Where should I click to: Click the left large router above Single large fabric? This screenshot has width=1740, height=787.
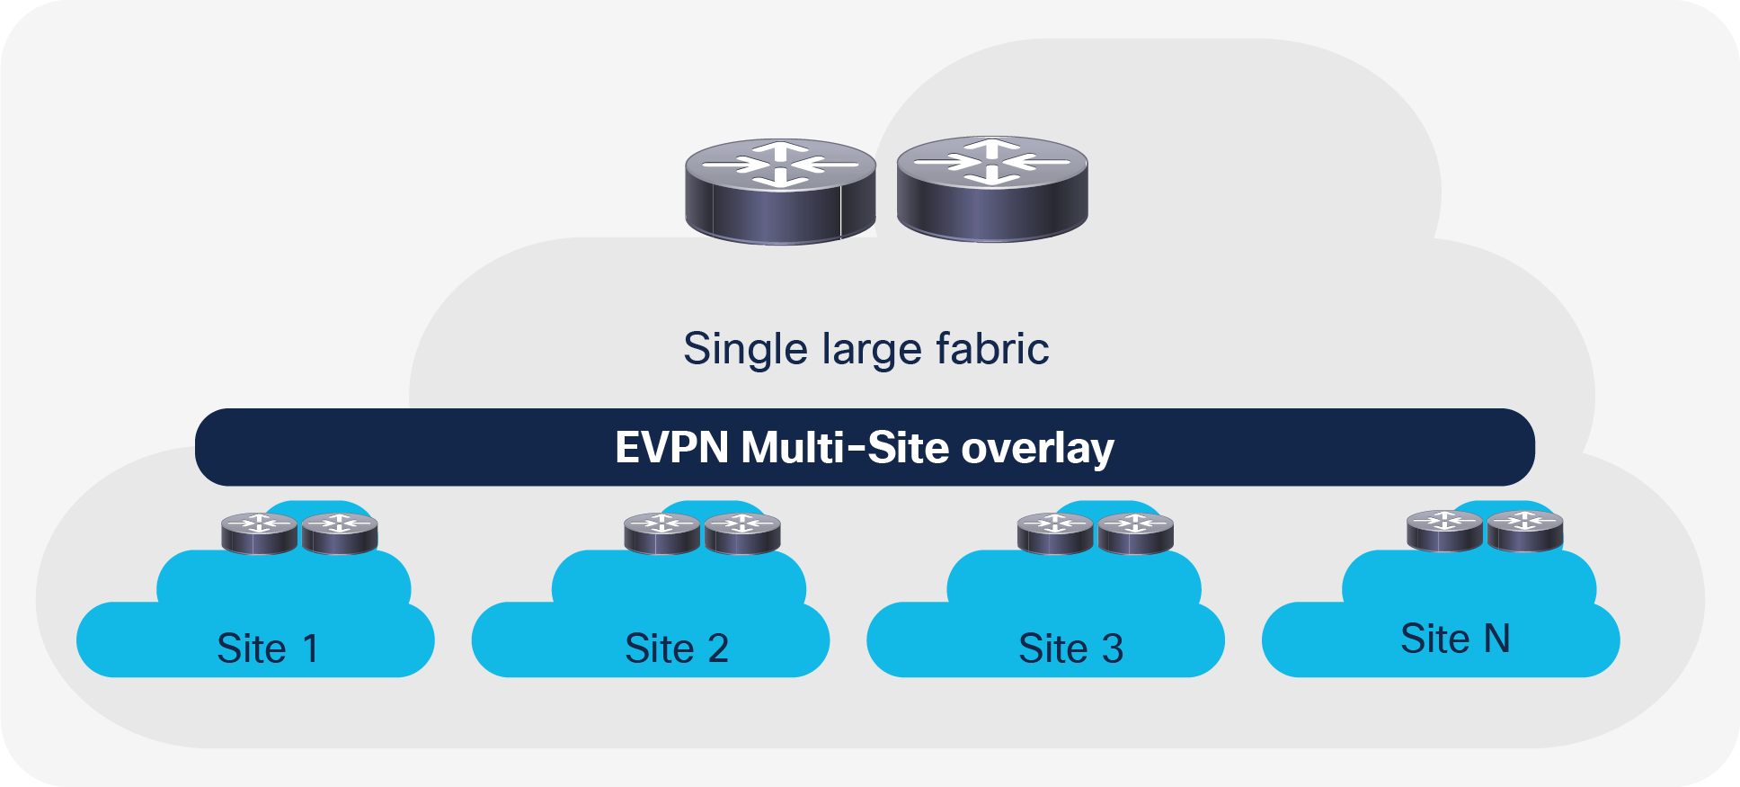pos(780,191)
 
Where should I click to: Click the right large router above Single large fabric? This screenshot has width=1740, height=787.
pos(992,189)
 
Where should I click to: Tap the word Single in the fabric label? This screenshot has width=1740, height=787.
pos(745,349)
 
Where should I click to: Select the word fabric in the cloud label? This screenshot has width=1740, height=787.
pos(992,348)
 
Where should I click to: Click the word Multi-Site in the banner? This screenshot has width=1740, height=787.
pos(845,448)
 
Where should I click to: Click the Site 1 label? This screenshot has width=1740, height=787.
pos(268,648)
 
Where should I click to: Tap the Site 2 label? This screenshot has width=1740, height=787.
pos(677,648)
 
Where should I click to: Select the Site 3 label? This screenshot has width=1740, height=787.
pos(1071,648)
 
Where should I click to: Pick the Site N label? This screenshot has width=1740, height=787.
pos(1455,639)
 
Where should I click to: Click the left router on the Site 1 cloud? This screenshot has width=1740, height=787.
pos(259,533)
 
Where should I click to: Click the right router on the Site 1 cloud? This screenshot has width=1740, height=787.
pos(339,533)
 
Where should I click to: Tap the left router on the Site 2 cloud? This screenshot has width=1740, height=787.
pos(661,533)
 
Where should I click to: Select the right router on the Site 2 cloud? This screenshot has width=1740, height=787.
pos(741,533)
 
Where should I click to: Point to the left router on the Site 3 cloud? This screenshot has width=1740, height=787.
pos(1055,533)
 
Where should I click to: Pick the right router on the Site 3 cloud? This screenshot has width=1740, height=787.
pos(1135,533)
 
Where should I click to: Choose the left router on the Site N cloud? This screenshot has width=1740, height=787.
pos(1444,531)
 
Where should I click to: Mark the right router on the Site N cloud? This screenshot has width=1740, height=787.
pos(1524,531)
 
